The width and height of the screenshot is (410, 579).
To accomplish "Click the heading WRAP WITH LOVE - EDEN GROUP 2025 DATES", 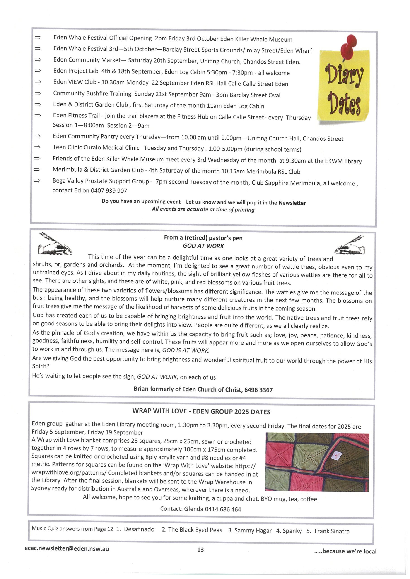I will [x=201, y=412].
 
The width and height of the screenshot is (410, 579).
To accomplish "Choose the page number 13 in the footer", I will [x=200, y=550].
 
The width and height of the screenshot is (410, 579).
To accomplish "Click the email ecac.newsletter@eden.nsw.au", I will [x=67, y=548].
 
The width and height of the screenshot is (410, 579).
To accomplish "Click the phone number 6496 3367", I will [x=258, y=390].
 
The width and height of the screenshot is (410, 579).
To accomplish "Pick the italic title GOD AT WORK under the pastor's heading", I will [x=203, y=246].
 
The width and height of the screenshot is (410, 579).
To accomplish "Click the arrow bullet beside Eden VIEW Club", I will [x=38, y=82].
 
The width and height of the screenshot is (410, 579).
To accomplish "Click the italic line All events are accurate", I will [x=203, y=210].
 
